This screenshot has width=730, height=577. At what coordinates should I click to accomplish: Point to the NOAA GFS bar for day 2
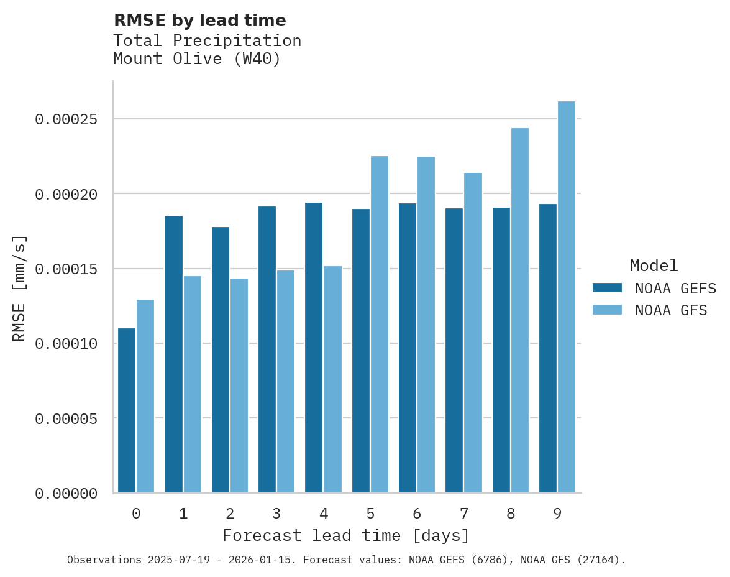click(x=239, y=385)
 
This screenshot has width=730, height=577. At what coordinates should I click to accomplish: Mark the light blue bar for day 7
click(x=473, y=333)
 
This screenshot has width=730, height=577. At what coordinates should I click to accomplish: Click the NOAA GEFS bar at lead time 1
click(x=173, y=354)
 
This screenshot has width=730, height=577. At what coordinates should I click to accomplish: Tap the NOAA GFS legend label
click(x=671, y=310)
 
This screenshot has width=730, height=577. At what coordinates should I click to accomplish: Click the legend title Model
click(x=654, y=265)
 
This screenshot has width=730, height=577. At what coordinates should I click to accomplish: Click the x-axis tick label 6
click(x=417, y=514)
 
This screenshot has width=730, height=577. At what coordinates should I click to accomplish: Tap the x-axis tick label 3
click(x=276, y=514)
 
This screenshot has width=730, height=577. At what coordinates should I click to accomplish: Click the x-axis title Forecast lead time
click(x=346, y=535)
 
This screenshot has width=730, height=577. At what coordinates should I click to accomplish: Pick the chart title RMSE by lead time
click(x=199, y=21)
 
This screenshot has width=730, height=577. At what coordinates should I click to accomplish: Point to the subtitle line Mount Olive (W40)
click(x=197, y=59)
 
